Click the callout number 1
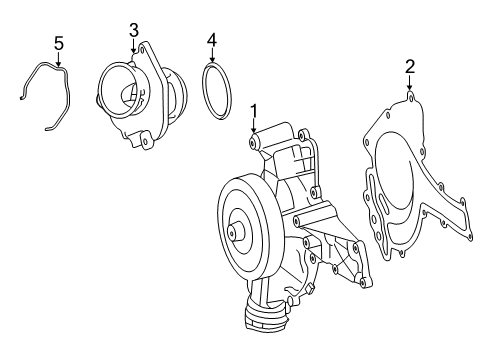pyautogui.click(x=254, y=111)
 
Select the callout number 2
pyautogui.click(x=410, y=67)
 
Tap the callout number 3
pyautogui.click(x=134, y=30)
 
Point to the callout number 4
pyautogui.click(x=212, y=40)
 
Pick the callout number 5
pyautogui.click(x=59, y=44)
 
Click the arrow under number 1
pyautogui.click(x=254, y=126)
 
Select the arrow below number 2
pyautogui.click(x=410, y=82)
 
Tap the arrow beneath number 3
pyautogui.click(x=134, y=45)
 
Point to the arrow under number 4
pyautogui.click(x=212, y=55)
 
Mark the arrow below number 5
pyautogui.click(x=59, y=59)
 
